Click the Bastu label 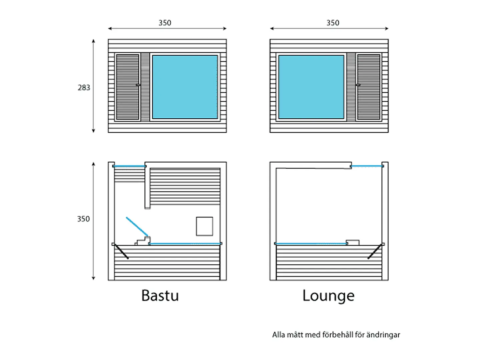160,295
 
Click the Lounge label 328,296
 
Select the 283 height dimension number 84,88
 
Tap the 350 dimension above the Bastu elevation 165,23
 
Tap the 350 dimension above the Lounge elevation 333,23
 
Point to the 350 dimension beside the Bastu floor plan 84,219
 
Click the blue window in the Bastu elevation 185,87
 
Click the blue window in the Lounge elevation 311,87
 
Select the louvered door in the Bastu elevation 128,87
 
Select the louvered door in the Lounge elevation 369,87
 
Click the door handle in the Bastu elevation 138,85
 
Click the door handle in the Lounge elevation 358,85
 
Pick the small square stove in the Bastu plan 204,226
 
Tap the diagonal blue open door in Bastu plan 137,227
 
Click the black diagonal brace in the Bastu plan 122,252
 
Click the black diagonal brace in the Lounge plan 375,252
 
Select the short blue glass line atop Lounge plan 367,166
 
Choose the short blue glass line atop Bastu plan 129,166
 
